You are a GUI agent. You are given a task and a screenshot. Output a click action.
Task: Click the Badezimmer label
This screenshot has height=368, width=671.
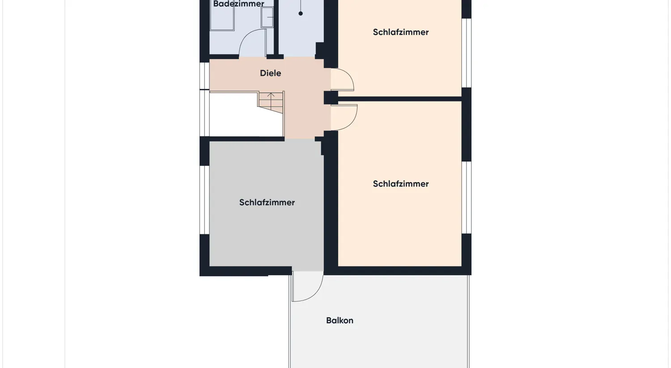pyautogui.click(x=238, y=4)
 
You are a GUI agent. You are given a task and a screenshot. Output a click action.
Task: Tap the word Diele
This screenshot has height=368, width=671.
pyautogui.click(x=270, y=73)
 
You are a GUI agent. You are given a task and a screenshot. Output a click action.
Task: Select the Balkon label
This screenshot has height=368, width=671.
pyautogui.click(x=340, y=320)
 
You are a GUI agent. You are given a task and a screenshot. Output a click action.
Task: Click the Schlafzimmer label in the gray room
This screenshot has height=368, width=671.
pyautogui.click(x=267, y=203)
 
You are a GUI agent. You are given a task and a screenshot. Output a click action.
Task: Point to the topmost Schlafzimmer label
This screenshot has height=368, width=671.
pyautogui.click(x=400, y=32)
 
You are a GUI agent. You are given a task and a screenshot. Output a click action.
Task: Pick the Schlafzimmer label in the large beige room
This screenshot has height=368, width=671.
pyautogui.click(x=400, y=184)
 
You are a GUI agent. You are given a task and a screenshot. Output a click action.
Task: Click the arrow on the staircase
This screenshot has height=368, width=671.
pyautogui.click(x=271, y=95)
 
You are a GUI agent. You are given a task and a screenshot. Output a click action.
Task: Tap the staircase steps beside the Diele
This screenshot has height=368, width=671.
pyautogui.click(x=271, y=103)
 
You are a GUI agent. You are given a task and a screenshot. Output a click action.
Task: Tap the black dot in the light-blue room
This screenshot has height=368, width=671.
pyautogui.click(x=301, y=13)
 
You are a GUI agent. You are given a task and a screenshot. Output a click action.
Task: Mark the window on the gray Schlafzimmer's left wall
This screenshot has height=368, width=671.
pyautogui.click(x=204, y=200)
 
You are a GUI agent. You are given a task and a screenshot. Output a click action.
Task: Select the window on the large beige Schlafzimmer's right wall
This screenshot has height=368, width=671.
pyautogui.click(x=466, y=197)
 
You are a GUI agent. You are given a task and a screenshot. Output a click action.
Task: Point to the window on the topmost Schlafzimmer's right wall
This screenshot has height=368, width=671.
pyautogui.click(x=466, y=53)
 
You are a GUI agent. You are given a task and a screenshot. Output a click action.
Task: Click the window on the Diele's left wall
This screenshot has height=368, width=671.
pyautogui.click(x=204, y=76)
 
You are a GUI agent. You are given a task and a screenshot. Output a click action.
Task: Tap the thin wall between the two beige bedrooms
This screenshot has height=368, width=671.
pyautogui.click(x=399, y=99)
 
